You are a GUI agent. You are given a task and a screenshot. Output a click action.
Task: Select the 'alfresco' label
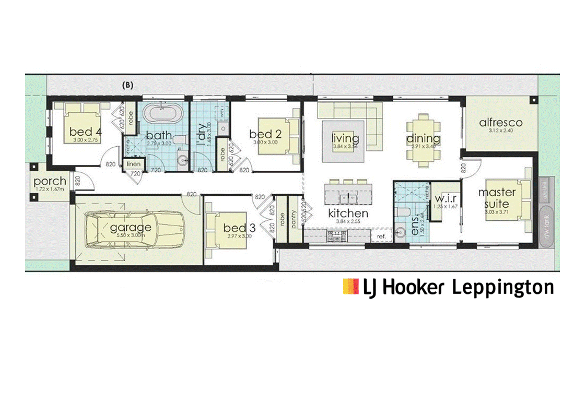(500, 123)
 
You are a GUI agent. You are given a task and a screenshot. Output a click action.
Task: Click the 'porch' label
(50, 182)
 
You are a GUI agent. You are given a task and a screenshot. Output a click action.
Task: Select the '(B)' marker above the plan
(127, 85)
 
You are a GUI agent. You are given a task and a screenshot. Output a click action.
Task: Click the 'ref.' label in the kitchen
(381, 237)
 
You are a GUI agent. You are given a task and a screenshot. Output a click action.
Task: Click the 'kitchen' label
(348, 213)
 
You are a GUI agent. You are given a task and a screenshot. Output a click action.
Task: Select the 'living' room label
(345, 138)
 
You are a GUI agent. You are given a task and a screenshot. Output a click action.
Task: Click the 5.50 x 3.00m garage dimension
(131, 236)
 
